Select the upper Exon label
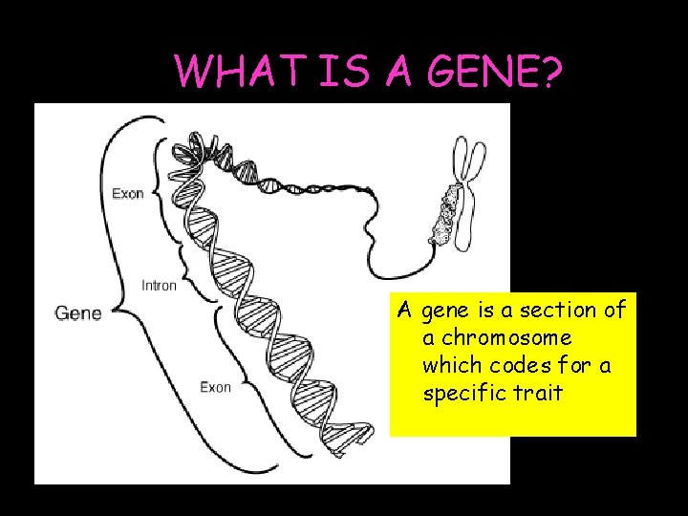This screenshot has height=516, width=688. pos(128,193)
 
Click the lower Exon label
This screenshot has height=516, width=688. pos(215,386)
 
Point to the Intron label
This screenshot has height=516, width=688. pos(159,285)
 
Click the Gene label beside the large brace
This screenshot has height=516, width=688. pos(78,312)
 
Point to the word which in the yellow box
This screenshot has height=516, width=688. pos(452,365)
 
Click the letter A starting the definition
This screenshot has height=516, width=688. pos(405,311)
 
